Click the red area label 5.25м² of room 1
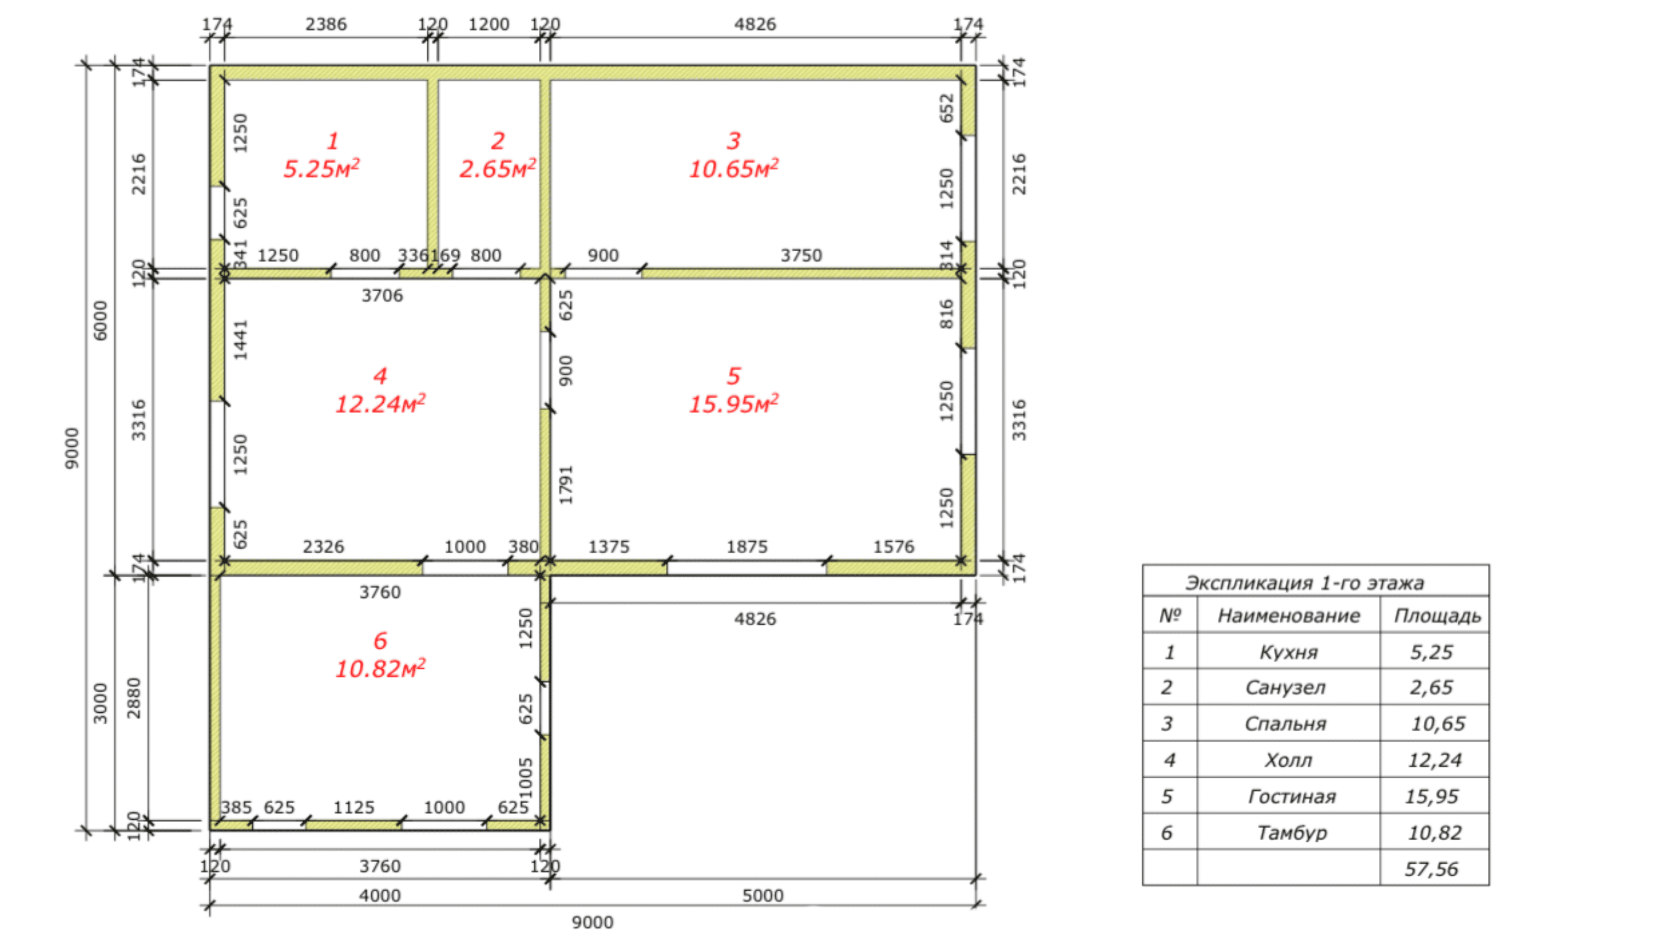coord(321,168)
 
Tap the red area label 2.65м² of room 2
coord(497,168)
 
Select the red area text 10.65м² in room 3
coord(734,168)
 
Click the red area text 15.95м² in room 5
coord(734,403)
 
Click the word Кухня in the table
coord(1288,652)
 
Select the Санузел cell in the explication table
coord(1285,687)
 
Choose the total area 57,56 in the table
coord(1431,869)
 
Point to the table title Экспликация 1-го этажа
coord(1305,583)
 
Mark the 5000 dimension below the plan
coord(763,895)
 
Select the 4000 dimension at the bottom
coord(380,895)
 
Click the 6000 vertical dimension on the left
coord(100,320)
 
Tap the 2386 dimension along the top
coord(326,24)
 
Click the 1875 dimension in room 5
coord(747,546)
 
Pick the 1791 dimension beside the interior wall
coord(566,485)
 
